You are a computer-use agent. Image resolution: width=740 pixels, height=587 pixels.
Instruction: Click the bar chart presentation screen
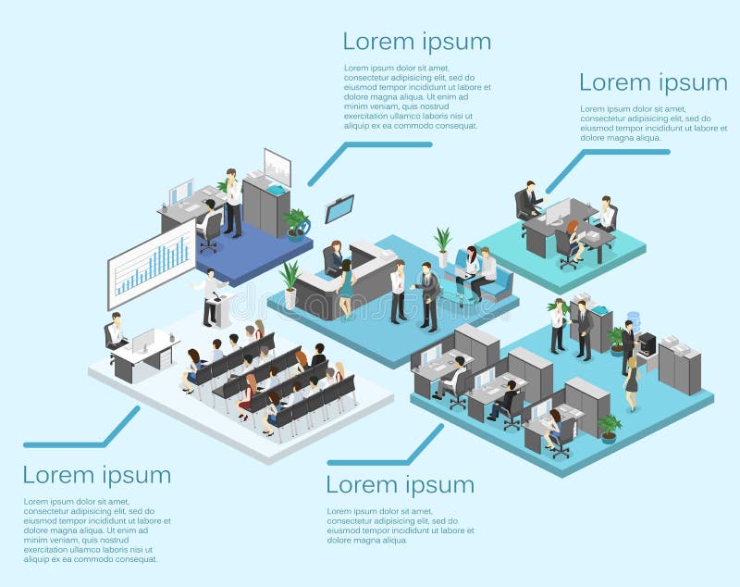click(152, 264)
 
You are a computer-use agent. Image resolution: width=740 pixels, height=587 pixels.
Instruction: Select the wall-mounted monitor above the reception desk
click(339, 208)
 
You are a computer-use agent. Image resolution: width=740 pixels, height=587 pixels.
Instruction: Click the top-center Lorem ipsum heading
click(416, 42)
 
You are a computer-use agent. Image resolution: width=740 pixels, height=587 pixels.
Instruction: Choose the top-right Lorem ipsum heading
click(653, 82)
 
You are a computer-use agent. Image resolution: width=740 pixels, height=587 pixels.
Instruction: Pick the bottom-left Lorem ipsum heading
click(97, 475)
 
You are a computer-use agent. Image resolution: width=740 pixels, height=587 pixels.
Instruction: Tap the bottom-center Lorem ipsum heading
click(400, 484)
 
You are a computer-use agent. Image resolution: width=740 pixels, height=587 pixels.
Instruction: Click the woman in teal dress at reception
click(346, 288)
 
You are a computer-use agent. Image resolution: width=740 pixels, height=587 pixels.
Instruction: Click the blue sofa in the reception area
click(497, 281)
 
